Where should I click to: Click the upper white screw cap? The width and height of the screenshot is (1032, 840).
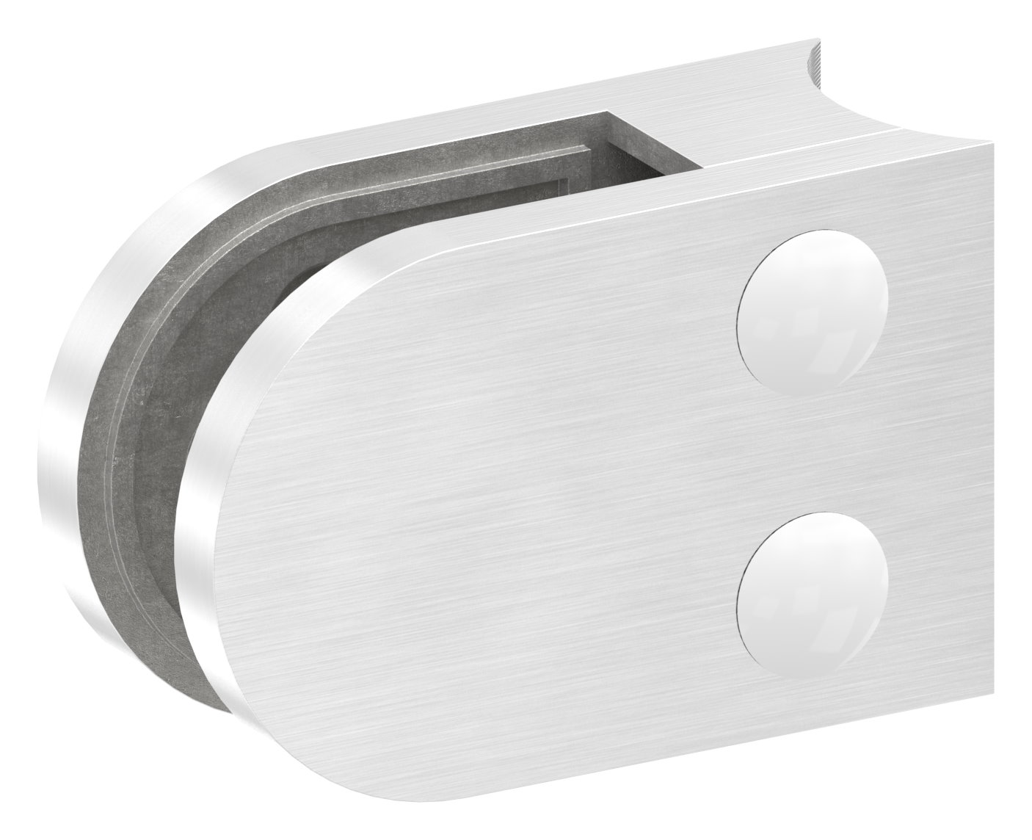pyautogui.click(x=812, y=310)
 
